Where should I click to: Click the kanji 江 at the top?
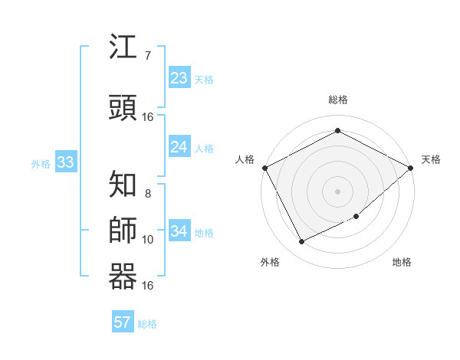click(123, 47)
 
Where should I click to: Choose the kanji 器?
click(123, 277)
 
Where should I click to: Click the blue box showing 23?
click(179, 78)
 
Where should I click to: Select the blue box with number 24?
click(179, 147)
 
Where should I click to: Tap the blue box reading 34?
click(179, 231)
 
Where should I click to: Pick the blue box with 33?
click(65, 162)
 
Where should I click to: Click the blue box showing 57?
click(123, 322)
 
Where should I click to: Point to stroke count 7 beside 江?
click(147, 56)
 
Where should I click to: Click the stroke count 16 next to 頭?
click(148, 117)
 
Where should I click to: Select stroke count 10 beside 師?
click(148, 240)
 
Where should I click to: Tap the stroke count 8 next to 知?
click(147, 193)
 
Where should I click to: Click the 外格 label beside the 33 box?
click(41, 163)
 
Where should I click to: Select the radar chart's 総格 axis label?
click(337, 100)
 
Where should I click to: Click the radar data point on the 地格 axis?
click(357, 217)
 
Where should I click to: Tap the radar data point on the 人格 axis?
click(264, 167)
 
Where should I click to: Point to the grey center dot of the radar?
click(337, 191)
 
